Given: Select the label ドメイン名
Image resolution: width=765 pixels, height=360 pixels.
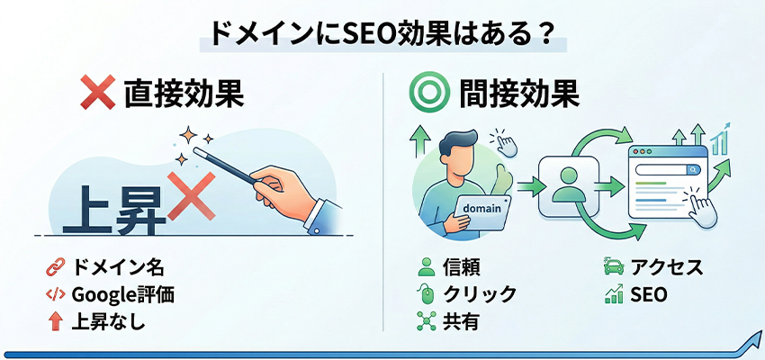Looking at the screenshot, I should [117, 267].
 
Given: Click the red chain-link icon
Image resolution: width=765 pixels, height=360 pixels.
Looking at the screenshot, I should [54, 267].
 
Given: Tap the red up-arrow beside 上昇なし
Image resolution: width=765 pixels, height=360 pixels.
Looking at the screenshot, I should [54, 319].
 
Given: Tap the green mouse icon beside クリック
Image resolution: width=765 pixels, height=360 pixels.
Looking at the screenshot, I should [426, 293].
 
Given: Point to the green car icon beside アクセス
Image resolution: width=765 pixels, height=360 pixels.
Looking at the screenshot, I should [614, 267].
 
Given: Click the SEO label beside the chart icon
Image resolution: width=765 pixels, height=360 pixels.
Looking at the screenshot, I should [649, 293].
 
